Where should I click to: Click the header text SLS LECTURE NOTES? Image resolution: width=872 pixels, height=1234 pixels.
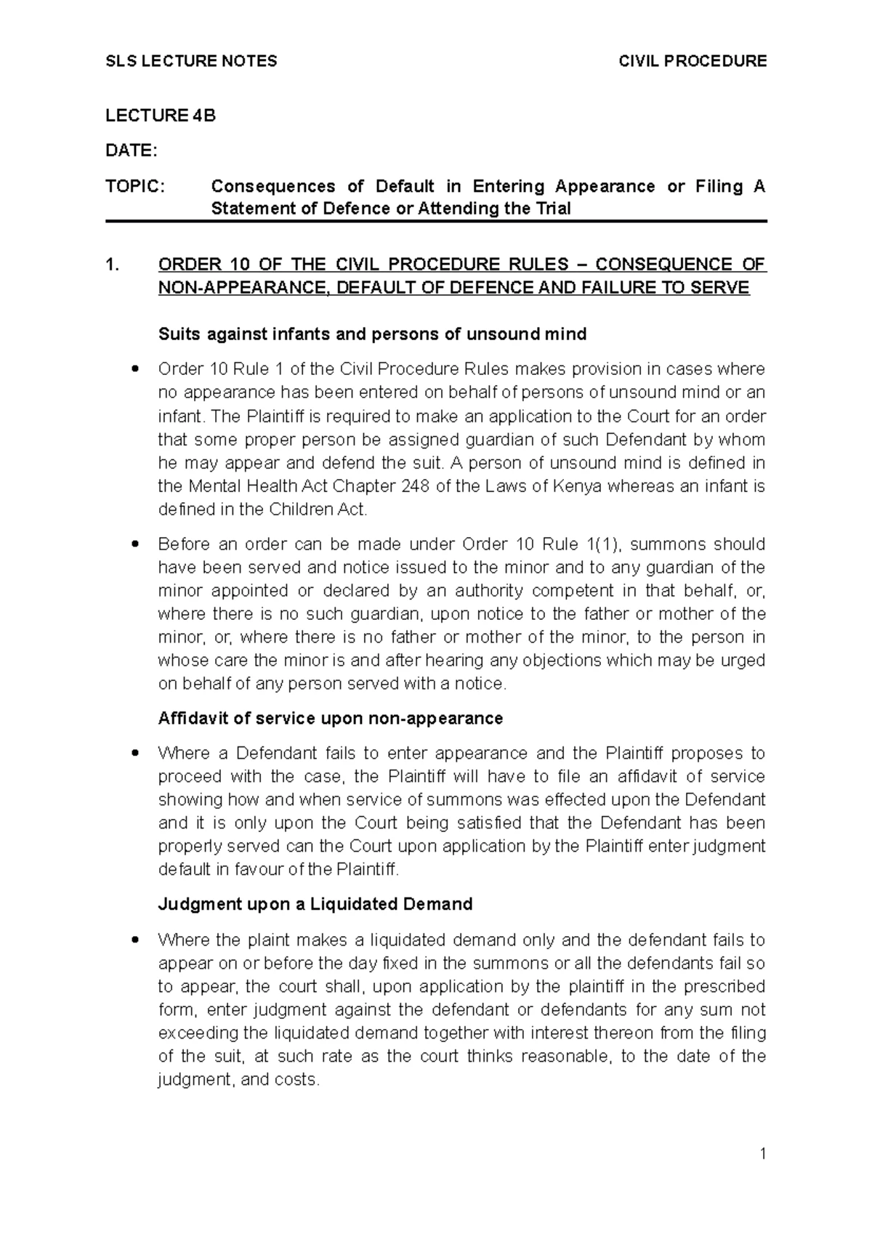coord(191,61)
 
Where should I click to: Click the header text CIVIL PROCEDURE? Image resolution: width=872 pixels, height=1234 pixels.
coord(693,61)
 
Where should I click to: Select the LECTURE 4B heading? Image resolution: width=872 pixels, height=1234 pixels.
coord(161,116)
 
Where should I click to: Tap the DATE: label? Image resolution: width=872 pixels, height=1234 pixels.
coord(131,150)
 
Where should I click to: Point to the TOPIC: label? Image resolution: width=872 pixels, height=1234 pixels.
coord(135,187)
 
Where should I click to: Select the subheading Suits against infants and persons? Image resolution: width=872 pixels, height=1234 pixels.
coord(372,334)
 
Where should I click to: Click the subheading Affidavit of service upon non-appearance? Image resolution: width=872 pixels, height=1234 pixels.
coord(331,719)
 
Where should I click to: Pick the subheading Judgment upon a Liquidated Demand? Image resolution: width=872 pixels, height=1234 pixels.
coord(315,904)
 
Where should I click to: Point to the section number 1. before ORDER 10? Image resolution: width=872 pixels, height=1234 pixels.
coord(111,265)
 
